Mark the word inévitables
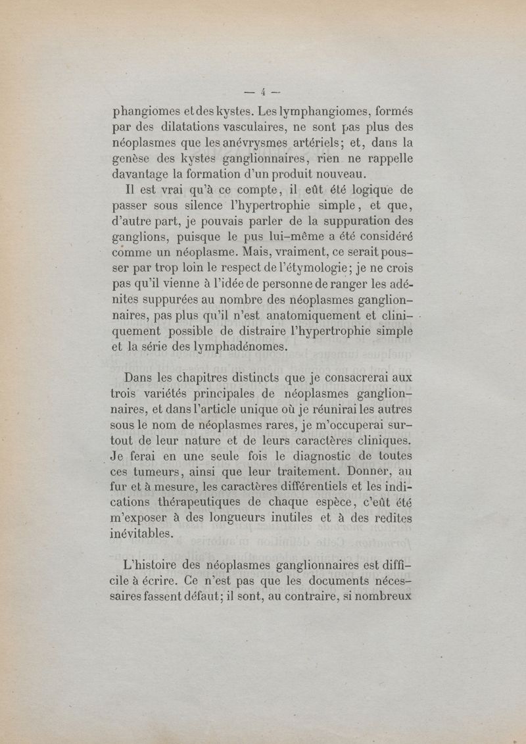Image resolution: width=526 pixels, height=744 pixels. (x=143, y=535)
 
